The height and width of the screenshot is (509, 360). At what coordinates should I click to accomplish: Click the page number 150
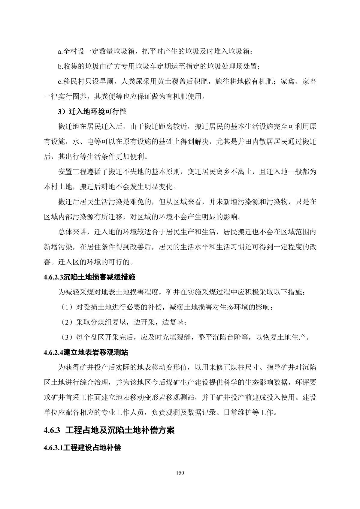tap(180, 473)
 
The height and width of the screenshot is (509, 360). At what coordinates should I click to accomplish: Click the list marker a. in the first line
tap(60, 52)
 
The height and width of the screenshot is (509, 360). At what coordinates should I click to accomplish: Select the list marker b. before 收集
tap(60, 67)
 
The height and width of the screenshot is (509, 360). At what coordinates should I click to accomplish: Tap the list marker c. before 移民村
tap(60, 82)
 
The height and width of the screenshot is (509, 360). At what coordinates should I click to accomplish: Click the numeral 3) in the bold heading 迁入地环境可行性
tap(62, 112)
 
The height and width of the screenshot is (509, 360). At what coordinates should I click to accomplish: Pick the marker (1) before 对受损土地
tap(65, 307)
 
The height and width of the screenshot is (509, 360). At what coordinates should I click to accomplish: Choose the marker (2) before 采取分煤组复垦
tap(65, 322)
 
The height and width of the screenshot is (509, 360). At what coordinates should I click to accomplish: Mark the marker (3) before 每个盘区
tap(65, 337)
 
